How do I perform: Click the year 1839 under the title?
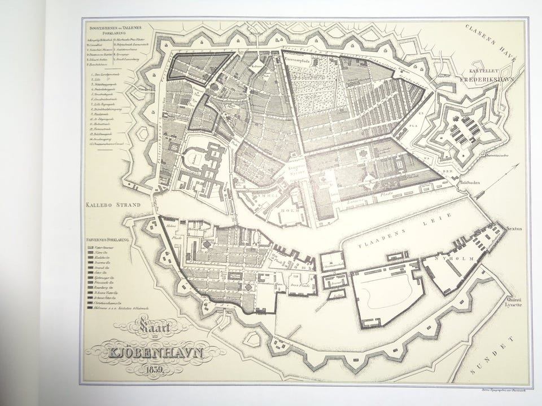pos(153,370)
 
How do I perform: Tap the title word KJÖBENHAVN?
pos(154,355)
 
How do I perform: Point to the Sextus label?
pos(516,228)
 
